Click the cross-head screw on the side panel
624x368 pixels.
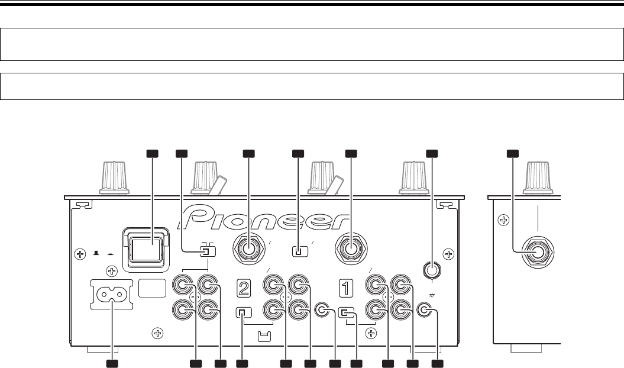pos(503,221)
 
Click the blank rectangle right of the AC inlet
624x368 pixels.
pos(152,288)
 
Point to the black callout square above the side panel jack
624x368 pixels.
pos(512,154)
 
